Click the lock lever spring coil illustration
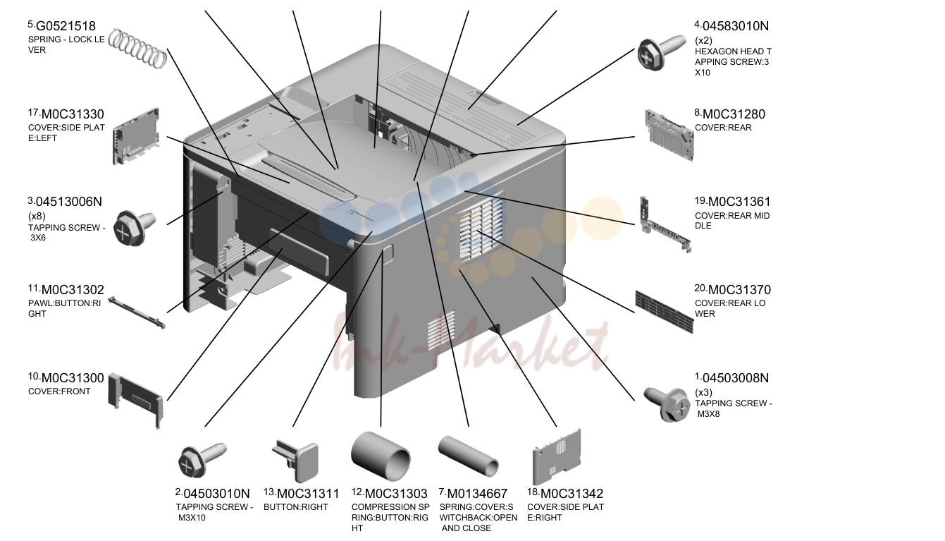point(137,49)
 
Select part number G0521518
point(66,26)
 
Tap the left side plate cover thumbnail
point(136,136)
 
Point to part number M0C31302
point(73,290)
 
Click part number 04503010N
point(216,494)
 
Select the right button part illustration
point(295,461)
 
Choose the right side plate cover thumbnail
point(557,457)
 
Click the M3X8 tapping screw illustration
point(667,404)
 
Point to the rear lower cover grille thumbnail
point(664,311)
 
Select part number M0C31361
point(739,202)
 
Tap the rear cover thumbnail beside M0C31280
point(669,135)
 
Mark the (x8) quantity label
point(37,217)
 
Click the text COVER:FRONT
point(59,391)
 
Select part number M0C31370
point(739,290)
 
